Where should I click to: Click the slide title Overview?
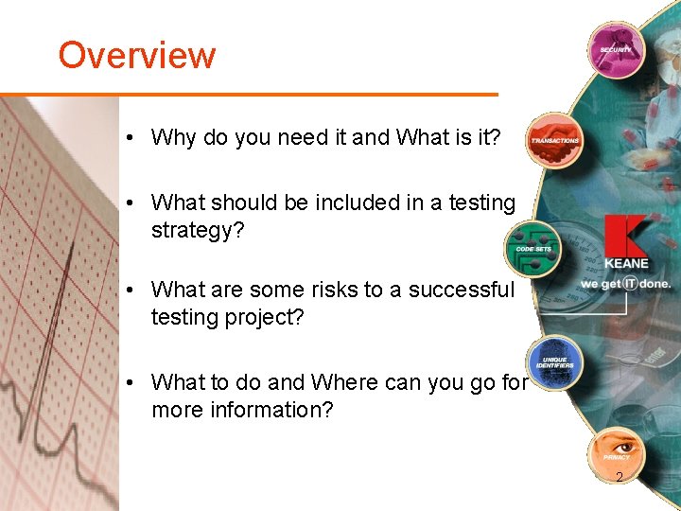(x=137, y=55)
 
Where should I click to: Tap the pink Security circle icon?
(x=615, y=48)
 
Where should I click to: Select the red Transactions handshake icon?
(x=554, y=138)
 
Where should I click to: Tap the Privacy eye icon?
(x=616, y=453)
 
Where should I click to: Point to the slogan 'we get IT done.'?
(x=625, y=283)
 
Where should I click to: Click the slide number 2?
(x=619, y=478)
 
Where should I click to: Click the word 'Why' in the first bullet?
(x=173, y=137)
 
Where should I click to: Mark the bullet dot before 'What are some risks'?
(x=129, y=291)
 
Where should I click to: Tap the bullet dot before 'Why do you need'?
(x=129, y=138)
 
